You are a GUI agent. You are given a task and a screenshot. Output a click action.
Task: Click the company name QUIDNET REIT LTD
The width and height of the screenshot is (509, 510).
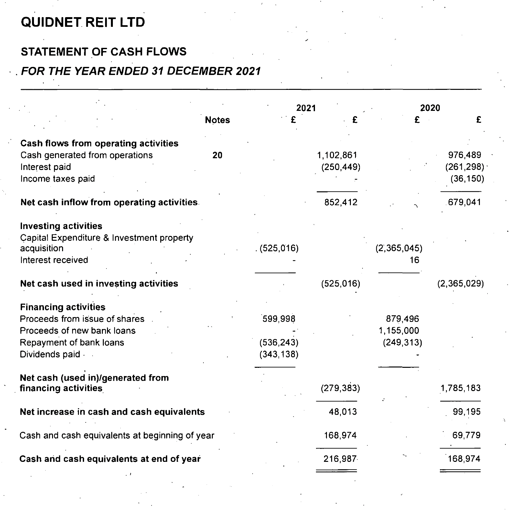[83, 22]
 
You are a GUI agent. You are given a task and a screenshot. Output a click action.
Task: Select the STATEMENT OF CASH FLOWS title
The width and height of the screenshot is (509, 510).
[103, 52]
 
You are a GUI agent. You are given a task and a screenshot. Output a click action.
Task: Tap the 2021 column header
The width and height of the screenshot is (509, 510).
[306, 108]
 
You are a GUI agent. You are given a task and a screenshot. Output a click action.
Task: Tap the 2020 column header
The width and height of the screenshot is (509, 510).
[430, 108]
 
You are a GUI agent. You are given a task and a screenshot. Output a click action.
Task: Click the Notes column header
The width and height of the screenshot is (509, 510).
[217, 120]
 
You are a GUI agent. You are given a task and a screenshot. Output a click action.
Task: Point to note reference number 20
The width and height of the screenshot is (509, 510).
[217, 155]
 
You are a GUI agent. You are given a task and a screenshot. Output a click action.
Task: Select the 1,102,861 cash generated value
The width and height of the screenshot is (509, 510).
[337, 155]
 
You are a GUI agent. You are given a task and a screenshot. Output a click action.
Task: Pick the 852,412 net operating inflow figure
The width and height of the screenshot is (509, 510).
[341, 203]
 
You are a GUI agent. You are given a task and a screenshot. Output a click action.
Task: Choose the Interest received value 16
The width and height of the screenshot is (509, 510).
[414, 260]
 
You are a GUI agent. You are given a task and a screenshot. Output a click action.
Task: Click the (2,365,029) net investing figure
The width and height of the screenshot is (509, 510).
[460, 284]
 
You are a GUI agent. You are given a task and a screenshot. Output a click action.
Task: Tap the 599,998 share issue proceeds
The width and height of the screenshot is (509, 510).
[279, 319]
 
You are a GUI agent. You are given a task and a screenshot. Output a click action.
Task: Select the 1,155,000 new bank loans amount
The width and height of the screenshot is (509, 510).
[399, 331]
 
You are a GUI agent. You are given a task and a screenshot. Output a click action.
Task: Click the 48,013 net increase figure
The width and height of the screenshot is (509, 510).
[343, 412]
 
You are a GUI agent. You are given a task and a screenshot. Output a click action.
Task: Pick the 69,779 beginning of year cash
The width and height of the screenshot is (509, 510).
[466, 435]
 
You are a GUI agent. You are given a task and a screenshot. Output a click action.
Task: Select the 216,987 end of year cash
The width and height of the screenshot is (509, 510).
[340, 459]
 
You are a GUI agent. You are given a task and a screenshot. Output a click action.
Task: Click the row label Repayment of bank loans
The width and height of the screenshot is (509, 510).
[72, 343]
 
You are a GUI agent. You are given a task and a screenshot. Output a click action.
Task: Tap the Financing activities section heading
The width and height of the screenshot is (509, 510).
[62, 307]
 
